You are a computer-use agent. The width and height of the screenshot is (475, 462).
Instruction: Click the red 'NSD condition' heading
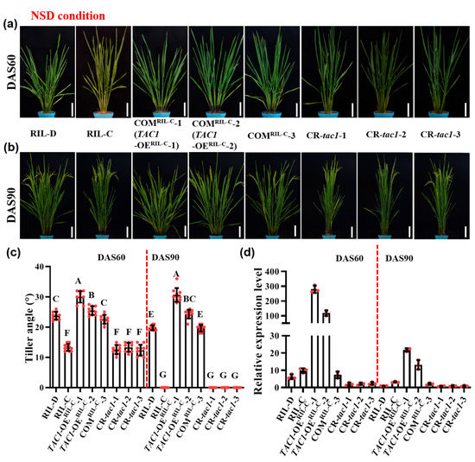(69, 16)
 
